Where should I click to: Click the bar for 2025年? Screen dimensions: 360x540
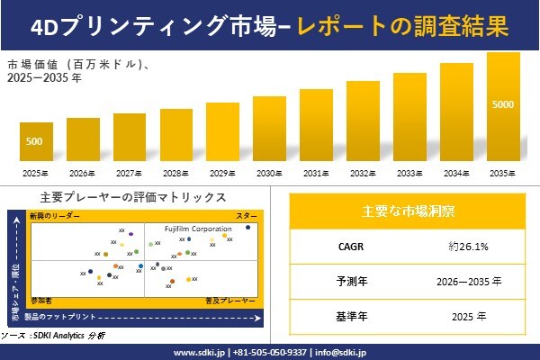tap(36, 141)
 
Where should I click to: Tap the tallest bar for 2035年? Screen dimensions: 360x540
tap(503, 106)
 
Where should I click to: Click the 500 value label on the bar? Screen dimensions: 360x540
tap(34, 141)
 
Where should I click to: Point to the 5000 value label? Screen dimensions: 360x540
tap(503, 105)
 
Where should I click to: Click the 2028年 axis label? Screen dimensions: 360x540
tap(175, 173)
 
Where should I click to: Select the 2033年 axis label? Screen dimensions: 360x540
tap(409, 173)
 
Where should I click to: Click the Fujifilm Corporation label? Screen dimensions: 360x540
tap(197, 229)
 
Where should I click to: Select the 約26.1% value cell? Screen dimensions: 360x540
tap(468, 246)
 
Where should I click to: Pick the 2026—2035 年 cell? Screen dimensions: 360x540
tap(468, 281)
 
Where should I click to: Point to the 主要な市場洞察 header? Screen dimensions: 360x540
tap(408, 212)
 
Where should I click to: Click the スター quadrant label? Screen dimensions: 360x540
tap(247, 217)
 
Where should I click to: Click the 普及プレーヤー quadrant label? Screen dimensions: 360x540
tap(231, 297)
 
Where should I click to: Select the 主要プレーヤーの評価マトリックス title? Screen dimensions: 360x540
tap(133, 197)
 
